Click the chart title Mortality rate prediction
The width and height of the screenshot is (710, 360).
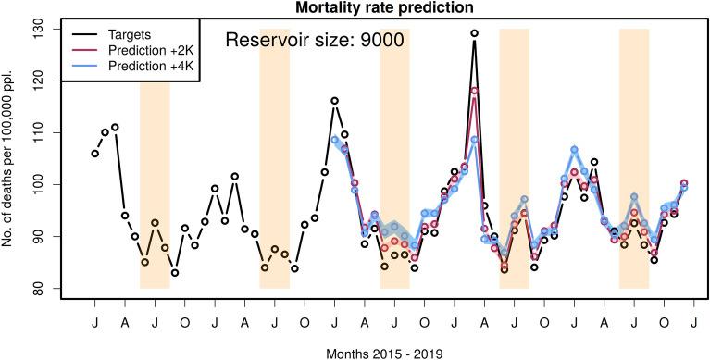383,8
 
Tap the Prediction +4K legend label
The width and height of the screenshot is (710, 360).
149,67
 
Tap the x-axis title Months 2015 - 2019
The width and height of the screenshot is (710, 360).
383,353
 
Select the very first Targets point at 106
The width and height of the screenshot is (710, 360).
95,154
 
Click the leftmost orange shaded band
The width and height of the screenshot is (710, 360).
155,185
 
